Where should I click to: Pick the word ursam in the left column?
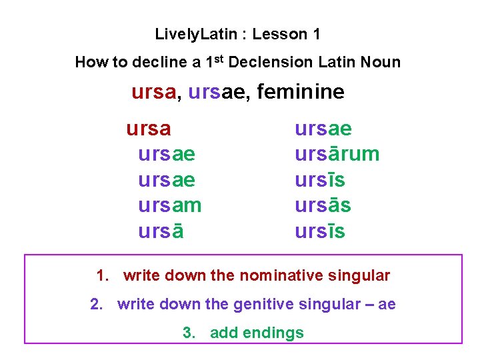[x=169, y=205]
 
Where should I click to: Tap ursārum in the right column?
[x=337, y=154]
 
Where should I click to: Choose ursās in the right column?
[x=323, y=205]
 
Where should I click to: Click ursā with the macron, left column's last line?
[x=161, y=231]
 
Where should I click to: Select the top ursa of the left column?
[x=149, y=128]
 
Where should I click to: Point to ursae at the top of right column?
[x=323, y=128]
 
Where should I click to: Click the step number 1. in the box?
[x=103, y=275]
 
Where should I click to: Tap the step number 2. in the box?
[x=97, y=305]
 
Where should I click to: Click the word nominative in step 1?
[x=277, y=275]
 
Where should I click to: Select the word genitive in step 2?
[x=264, y=305]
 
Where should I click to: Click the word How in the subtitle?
[x=89, y=63]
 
